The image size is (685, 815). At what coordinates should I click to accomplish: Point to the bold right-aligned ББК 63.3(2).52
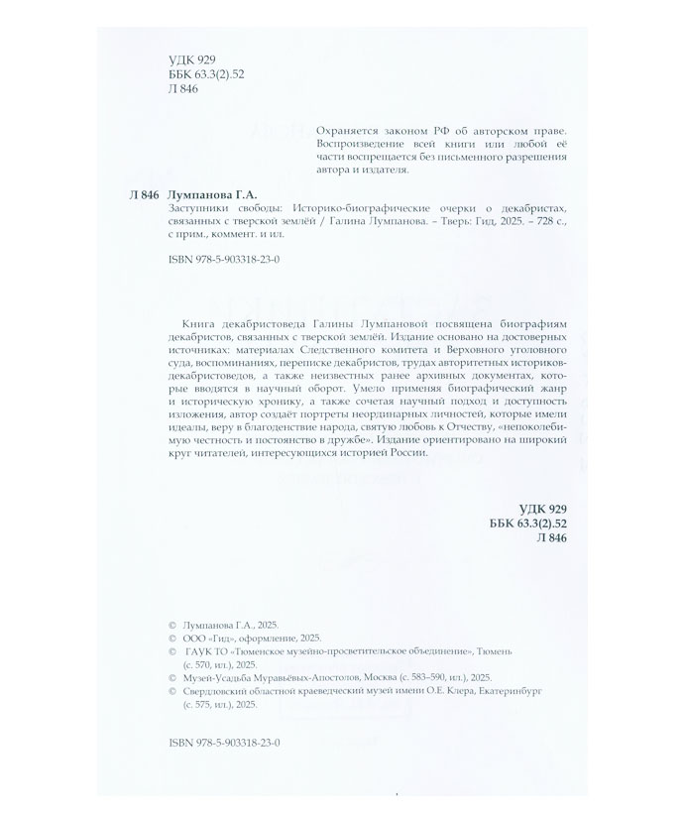click(x=526, y=523)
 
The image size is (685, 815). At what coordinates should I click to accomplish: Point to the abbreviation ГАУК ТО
click(x=206, y=652)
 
